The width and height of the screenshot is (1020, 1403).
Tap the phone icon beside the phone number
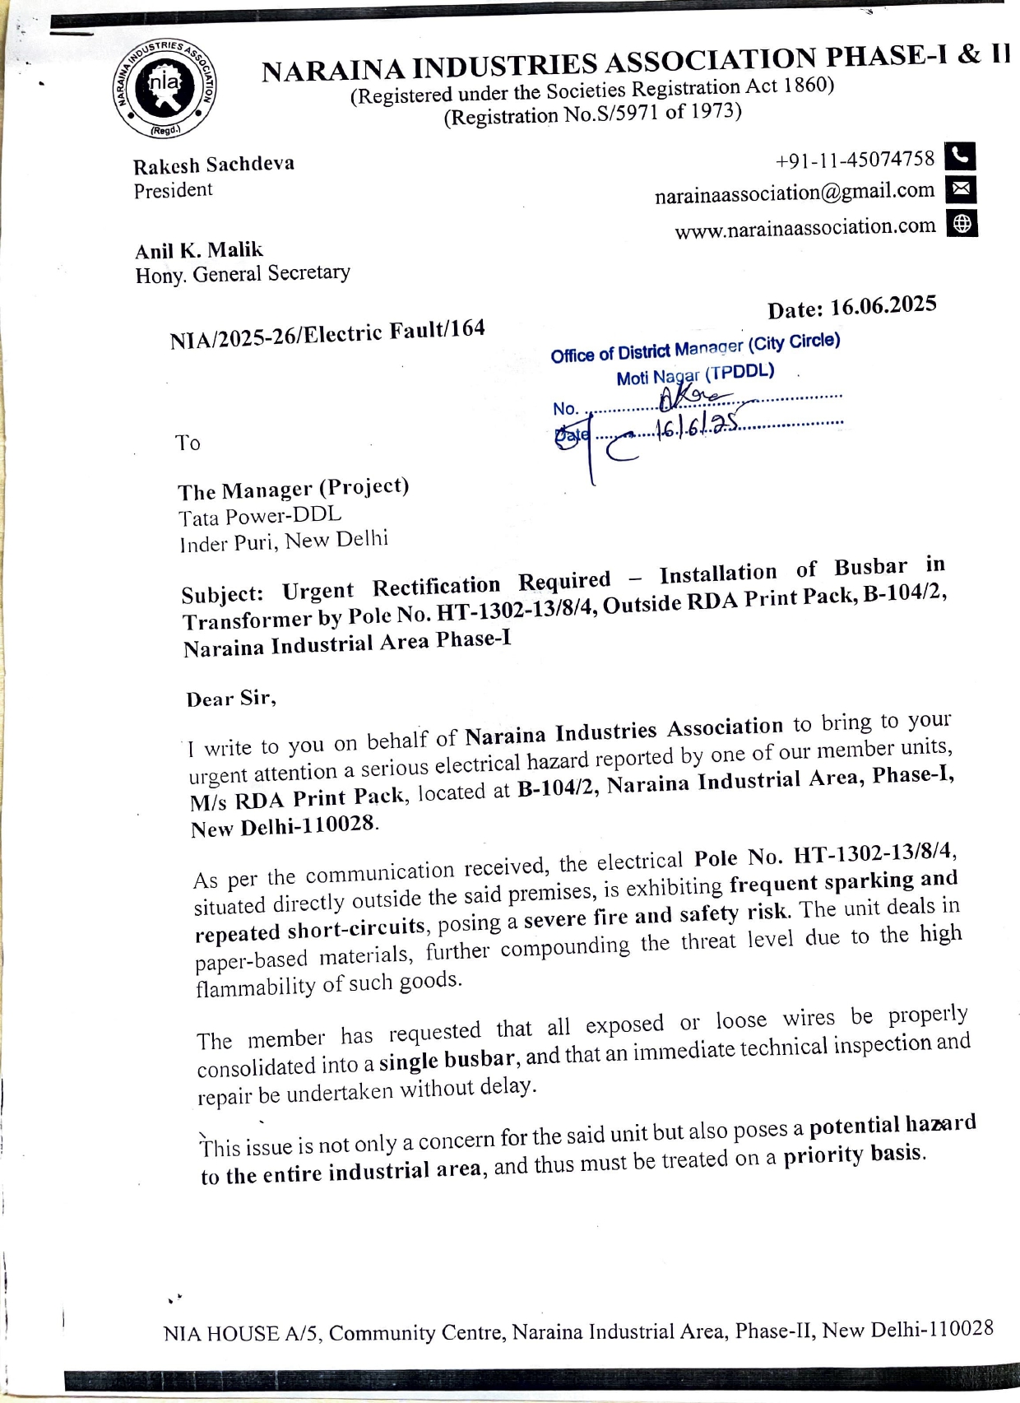pos(961,156)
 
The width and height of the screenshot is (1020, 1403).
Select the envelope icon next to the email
pos(961,189)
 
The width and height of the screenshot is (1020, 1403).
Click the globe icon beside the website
pos(962,223)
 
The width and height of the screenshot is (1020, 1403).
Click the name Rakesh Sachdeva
pos(214,165)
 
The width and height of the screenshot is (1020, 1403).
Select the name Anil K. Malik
pos(199,250)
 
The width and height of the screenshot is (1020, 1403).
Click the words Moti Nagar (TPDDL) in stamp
pos(695,375)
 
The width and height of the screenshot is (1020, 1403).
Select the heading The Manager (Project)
pos(294,489)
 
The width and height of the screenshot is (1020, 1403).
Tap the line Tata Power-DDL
pos(260,516)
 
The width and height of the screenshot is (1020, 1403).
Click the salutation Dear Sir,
pos(231,699)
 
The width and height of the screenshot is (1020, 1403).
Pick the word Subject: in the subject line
pos(223,593)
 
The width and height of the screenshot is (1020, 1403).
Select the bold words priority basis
pos(854,1154)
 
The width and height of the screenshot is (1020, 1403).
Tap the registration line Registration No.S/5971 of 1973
pos(592,113)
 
